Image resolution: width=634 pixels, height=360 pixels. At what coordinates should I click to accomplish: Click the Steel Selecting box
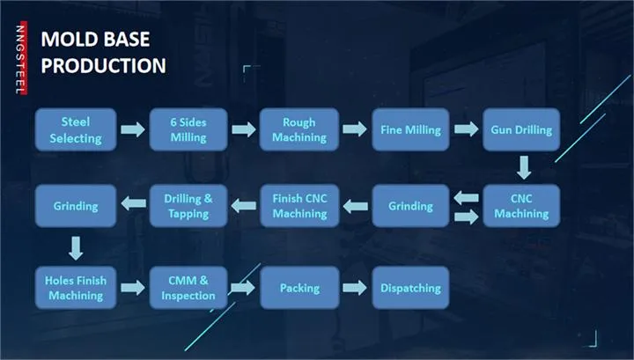(76, 130)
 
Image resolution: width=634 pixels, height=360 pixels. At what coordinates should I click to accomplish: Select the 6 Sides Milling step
(188, 130)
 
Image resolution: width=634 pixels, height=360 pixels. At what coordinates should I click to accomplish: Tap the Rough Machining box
(299, 130)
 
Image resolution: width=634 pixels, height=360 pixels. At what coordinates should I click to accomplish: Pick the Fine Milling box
(410, 130)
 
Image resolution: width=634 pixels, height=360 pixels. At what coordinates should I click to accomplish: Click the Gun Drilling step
(521, 130)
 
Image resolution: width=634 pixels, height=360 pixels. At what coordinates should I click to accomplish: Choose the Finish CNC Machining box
(299, 206)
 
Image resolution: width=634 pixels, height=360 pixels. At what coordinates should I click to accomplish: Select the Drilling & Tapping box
(188, 206)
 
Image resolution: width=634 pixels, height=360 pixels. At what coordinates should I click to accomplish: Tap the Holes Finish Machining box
(76, 288)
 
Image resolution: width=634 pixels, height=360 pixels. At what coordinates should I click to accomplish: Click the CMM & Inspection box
(188, 288)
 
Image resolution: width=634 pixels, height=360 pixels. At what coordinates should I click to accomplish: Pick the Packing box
(299, 288)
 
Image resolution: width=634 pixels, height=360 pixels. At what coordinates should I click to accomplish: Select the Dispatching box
(410, 288)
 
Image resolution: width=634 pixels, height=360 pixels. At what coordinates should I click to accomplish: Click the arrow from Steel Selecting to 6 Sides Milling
(132, 130)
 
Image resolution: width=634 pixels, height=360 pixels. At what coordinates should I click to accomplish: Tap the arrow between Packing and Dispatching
(355, 288)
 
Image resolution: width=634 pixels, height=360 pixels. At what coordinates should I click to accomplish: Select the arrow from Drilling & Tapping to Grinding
(133, 204)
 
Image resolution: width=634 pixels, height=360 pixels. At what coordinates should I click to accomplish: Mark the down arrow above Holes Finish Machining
(76, 246)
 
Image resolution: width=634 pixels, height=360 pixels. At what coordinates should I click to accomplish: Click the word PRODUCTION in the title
(104, 64)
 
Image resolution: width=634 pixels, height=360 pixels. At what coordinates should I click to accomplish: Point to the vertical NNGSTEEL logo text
(19, 58)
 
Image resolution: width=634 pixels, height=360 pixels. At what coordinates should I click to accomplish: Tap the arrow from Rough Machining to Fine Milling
(355, 130)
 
